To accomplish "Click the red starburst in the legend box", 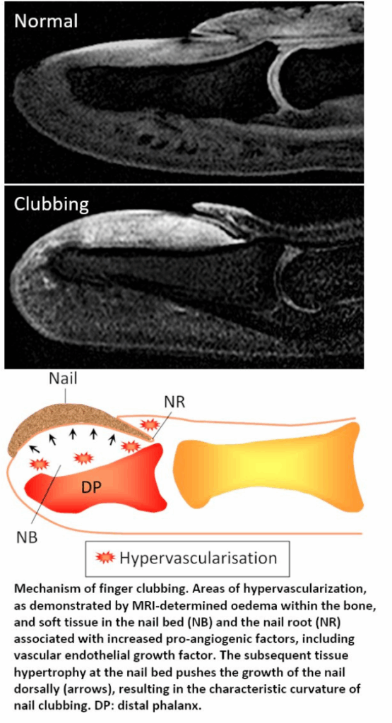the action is [105, 558].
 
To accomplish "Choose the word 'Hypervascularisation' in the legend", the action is [198, 558].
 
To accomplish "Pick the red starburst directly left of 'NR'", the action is [149, 424].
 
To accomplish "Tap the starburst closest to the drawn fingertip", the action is [40, 463].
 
